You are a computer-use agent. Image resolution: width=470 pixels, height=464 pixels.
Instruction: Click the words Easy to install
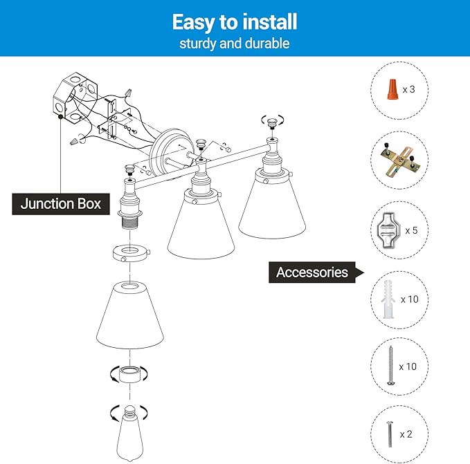tap(235, 22)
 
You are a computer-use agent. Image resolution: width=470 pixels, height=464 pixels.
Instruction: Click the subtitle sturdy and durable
tap(235, 44)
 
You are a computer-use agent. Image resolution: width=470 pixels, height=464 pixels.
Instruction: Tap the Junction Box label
tap(61, 204)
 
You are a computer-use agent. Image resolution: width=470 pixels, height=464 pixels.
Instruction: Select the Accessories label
tap(312, 272)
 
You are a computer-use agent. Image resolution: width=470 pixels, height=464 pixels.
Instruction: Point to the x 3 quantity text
tap(409, 89)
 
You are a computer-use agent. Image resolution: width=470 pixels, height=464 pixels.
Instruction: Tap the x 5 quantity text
tap(411, 230)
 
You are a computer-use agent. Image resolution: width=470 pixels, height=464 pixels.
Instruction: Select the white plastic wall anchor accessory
tap(388, 299)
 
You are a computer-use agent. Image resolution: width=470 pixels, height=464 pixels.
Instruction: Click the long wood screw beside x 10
tap(390, 366)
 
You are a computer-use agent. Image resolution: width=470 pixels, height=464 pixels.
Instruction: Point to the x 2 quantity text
tap(406, 434)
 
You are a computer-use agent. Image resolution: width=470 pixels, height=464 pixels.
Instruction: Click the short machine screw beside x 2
tap(390, 434)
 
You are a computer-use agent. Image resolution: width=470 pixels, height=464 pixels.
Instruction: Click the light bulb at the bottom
tap(129, 434)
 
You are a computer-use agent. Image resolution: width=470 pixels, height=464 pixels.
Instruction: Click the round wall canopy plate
tap(172, 153)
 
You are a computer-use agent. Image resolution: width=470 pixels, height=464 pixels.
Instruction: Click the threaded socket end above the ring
tap(130, 223)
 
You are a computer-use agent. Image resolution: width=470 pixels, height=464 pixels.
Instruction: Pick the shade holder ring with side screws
tap(130, 253)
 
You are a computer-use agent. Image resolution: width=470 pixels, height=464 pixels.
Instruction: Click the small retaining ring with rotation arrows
tap(129, 374)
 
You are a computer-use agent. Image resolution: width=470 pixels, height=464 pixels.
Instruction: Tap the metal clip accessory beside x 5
tap(388, 230)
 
